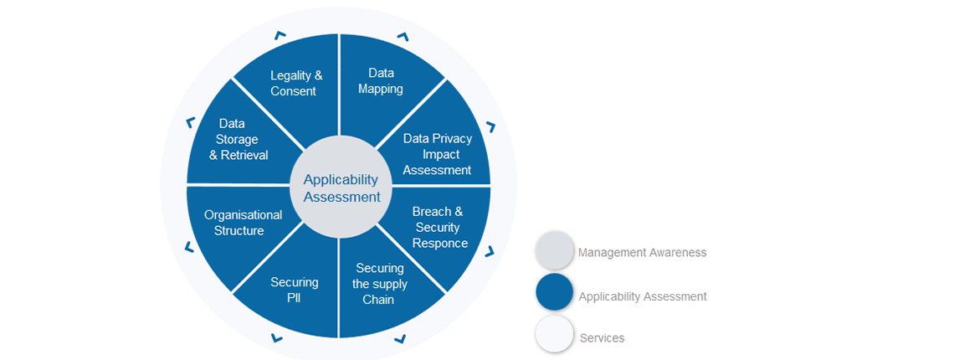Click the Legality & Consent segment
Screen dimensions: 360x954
click(295, 83)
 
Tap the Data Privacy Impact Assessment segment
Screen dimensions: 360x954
click(437, 154)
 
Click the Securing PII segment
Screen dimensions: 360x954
click(294, 290)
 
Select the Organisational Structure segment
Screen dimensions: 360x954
click(243, 223)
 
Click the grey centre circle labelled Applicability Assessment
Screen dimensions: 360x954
click(340, 188)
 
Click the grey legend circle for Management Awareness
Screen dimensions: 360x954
click(554, 251)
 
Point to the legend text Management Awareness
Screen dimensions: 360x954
click(642, 252)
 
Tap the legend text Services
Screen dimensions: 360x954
click(602, 338)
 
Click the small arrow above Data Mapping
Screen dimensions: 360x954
click(403, 38)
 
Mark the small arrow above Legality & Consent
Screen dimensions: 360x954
click(280, 36)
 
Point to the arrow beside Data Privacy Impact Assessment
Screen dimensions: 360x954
click(490, 127)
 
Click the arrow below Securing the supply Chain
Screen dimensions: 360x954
click(400, 338)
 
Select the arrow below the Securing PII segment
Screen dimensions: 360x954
click(277, 338)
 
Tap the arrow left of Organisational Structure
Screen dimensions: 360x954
click(189, 247)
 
